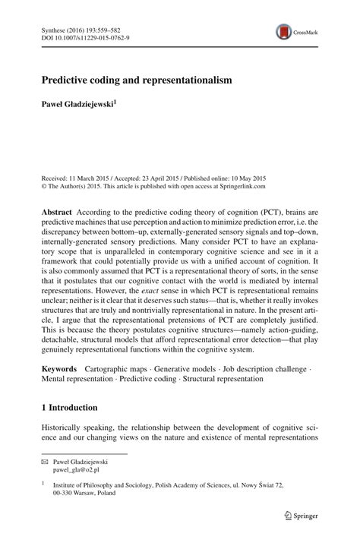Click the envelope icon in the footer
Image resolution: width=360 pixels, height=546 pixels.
(45, 461)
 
